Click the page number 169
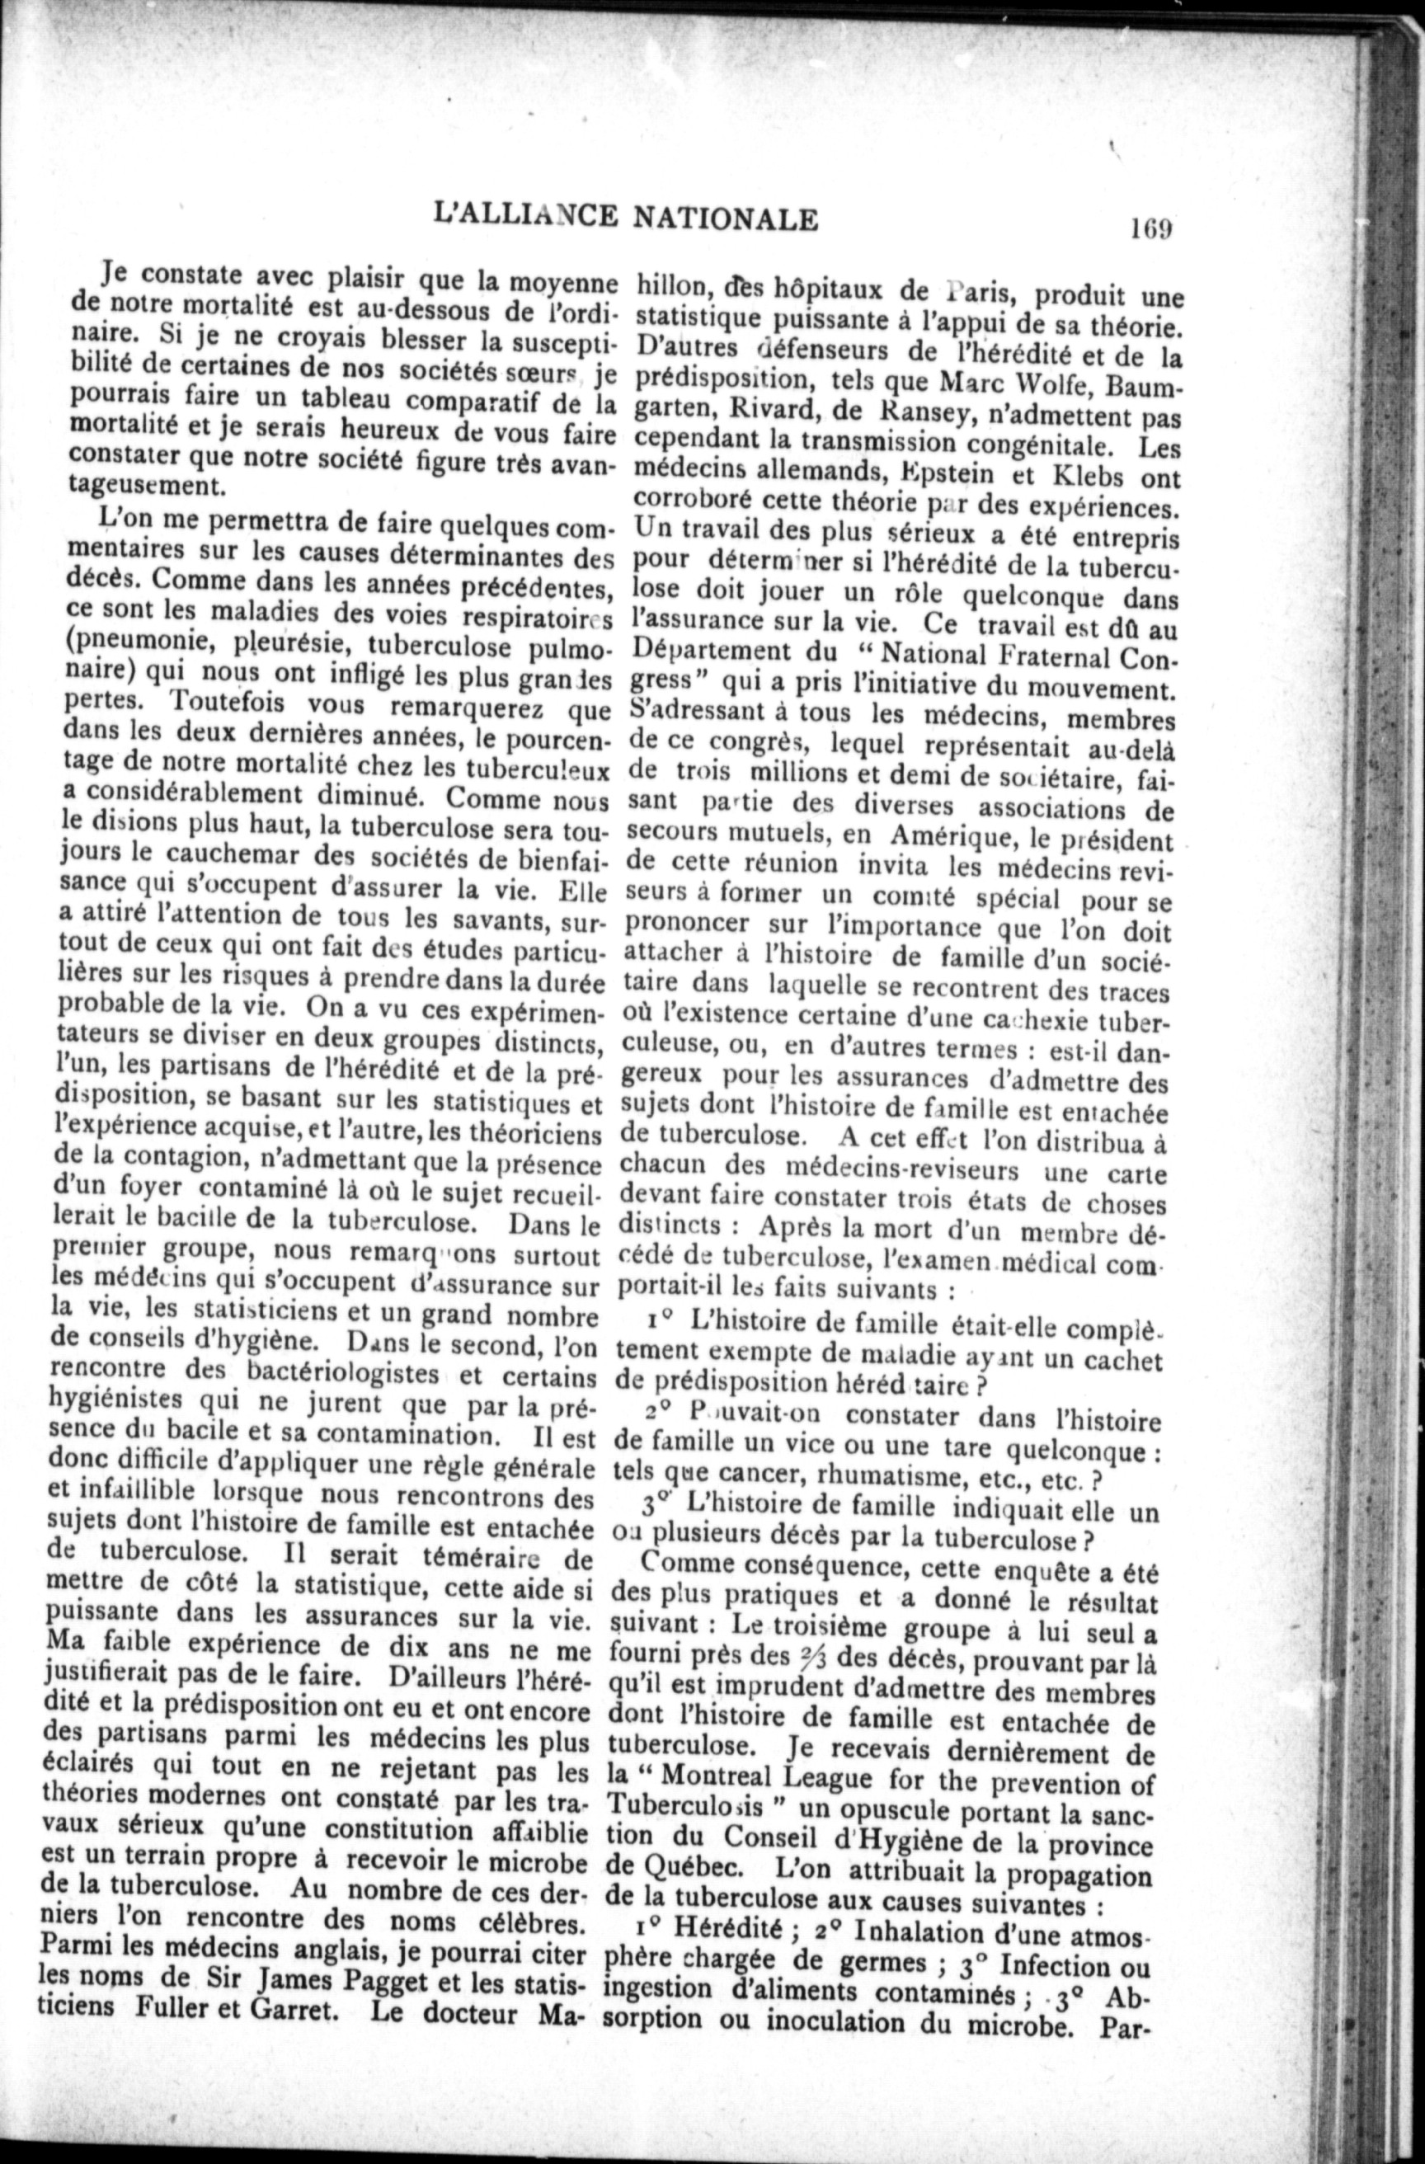coord(1148,225)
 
